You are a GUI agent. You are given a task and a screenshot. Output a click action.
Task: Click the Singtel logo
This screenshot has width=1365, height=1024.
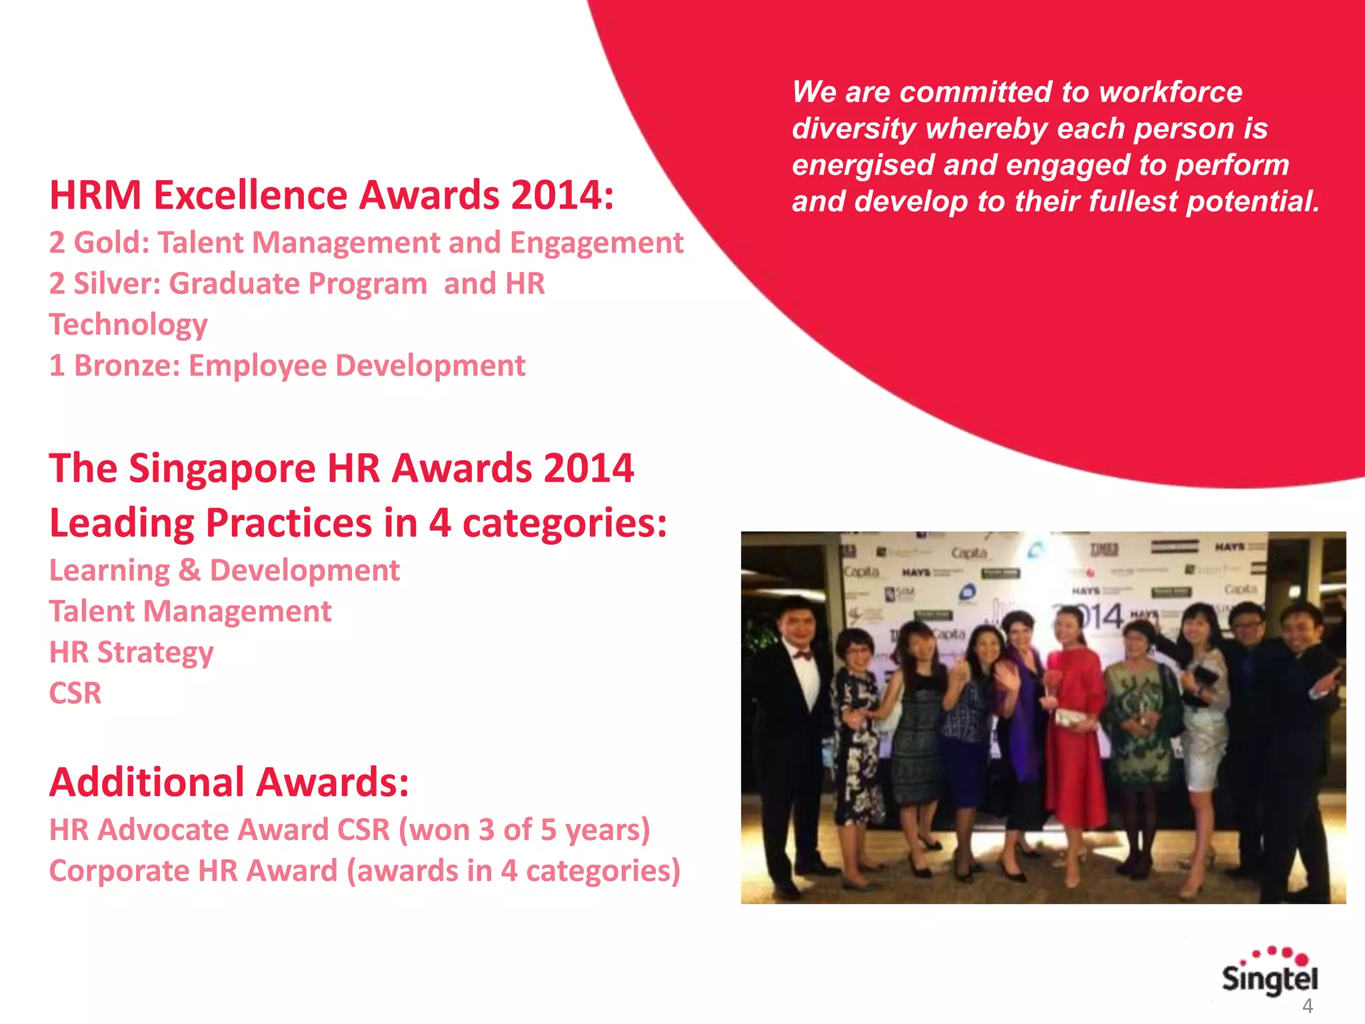pyautogui.click(x=1269, y=974)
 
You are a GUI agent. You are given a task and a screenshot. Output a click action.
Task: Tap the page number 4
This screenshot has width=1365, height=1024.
pyautogui.click(x=1307, y=1006)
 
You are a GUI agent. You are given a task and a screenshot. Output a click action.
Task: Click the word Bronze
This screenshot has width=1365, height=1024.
pyautogui.click(x=126, y=366)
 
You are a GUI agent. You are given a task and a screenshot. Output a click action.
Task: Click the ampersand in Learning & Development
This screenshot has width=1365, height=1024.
pyautogui.click(x=189, y=571)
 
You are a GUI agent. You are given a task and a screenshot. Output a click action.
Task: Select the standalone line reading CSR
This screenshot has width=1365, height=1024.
pyautogui.click(x=75, y=693)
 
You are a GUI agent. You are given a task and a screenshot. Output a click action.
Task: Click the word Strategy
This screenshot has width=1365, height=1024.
pyautogui.click(x=155, y=653)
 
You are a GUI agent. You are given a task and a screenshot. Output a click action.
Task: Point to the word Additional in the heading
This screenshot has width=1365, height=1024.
pyautogui.click(x=147, y=783)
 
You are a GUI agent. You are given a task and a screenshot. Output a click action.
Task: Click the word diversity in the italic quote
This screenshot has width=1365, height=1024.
pyautogui.click(x=854, y=129)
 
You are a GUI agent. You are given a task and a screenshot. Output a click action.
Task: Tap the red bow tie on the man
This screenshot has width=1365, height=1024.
pyautogui.click(x=802, y=655)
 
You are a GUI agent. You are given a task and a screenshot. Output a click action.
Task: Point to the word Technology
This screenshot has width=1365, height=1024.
pyautogui.click(x=128, y=325)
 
